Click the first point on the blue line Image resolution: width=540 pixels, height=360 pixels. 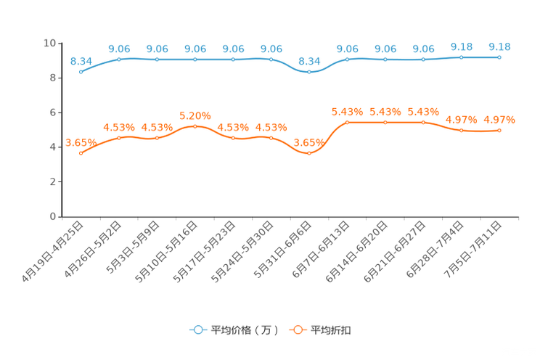[x=81, y=72]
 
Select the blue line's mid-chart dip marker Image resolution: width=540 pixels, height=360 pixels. [x=309, y=72]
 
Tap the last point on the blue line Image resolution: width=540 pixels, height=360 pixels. [x=499, y=57]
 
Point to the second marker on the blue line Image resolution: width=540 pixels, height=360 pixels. [x=120, y=59]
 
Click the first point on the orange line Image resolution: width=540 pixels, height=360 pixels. [x=81, y=153]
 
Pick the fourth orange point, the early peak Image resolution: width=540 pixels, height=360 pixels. [x=195, y=126]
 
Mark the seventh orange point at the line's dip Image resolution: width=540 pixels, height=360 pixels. [x=309, y=153]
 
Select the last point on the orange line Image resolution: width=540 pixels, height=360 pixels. [x=499, y=130]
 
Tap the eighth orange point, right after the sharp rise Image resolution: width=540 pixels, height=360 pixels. [x=348, y=122]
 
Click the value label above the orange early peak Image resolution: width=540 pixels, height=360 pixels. [x=195, y=115]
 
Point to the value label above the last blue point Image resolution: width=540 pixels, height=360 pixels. [x=499, y=46]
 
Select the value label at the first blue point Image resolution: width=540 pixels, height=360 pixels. [x=81, y=61]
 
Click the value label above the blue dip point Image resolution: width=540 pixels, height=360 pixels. [x=309, y=61]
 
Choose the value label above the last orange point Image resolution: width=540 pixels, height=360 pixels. [x=499, y=119]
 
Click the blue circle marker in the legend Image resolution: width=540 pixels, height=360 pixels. [x=197, y=330]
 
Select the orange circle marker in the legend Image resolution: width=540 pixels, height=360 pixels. [x=297, y=330]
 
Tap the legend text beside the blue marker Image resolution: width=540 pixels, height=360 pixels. [x=244, y=330]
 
